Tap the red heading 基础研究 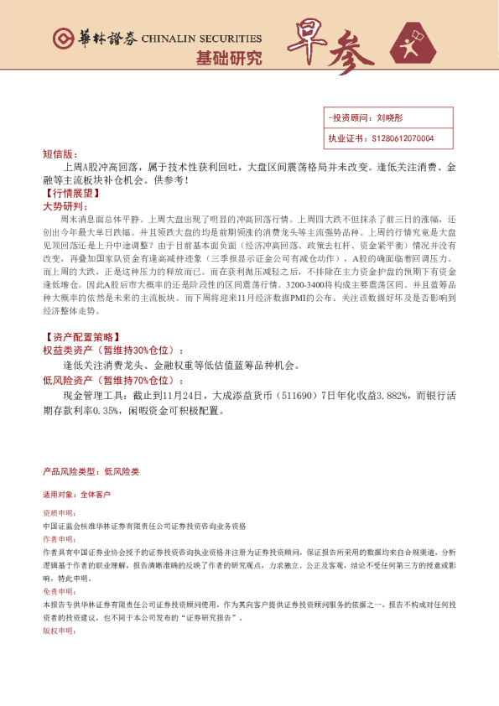tap(228, 59)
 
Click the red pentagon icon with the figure tap(418, 44)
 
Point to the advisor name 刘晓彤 tap(391, 119)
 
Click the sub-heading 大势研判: tap(63, 205)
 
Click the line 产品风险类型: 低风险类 tap(91, 472)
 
